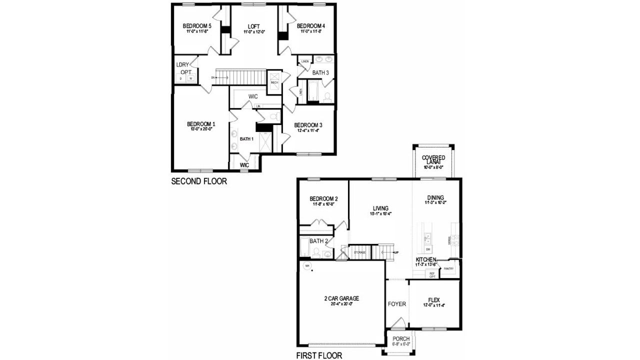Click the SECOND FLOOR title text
(199, 181)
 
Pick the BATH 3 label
(320, 73)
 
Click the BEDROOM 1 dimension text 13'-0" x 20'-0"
(201, 129)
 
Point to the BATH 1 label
(246, 138)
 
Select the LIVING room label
(380, 208)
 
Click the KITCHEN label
(426, 260)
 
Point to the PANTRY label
(448, 268)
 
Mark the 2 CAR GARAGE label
(342, 298)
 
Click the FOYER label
(397, 303)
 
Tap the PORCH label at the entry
(401, 339)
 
